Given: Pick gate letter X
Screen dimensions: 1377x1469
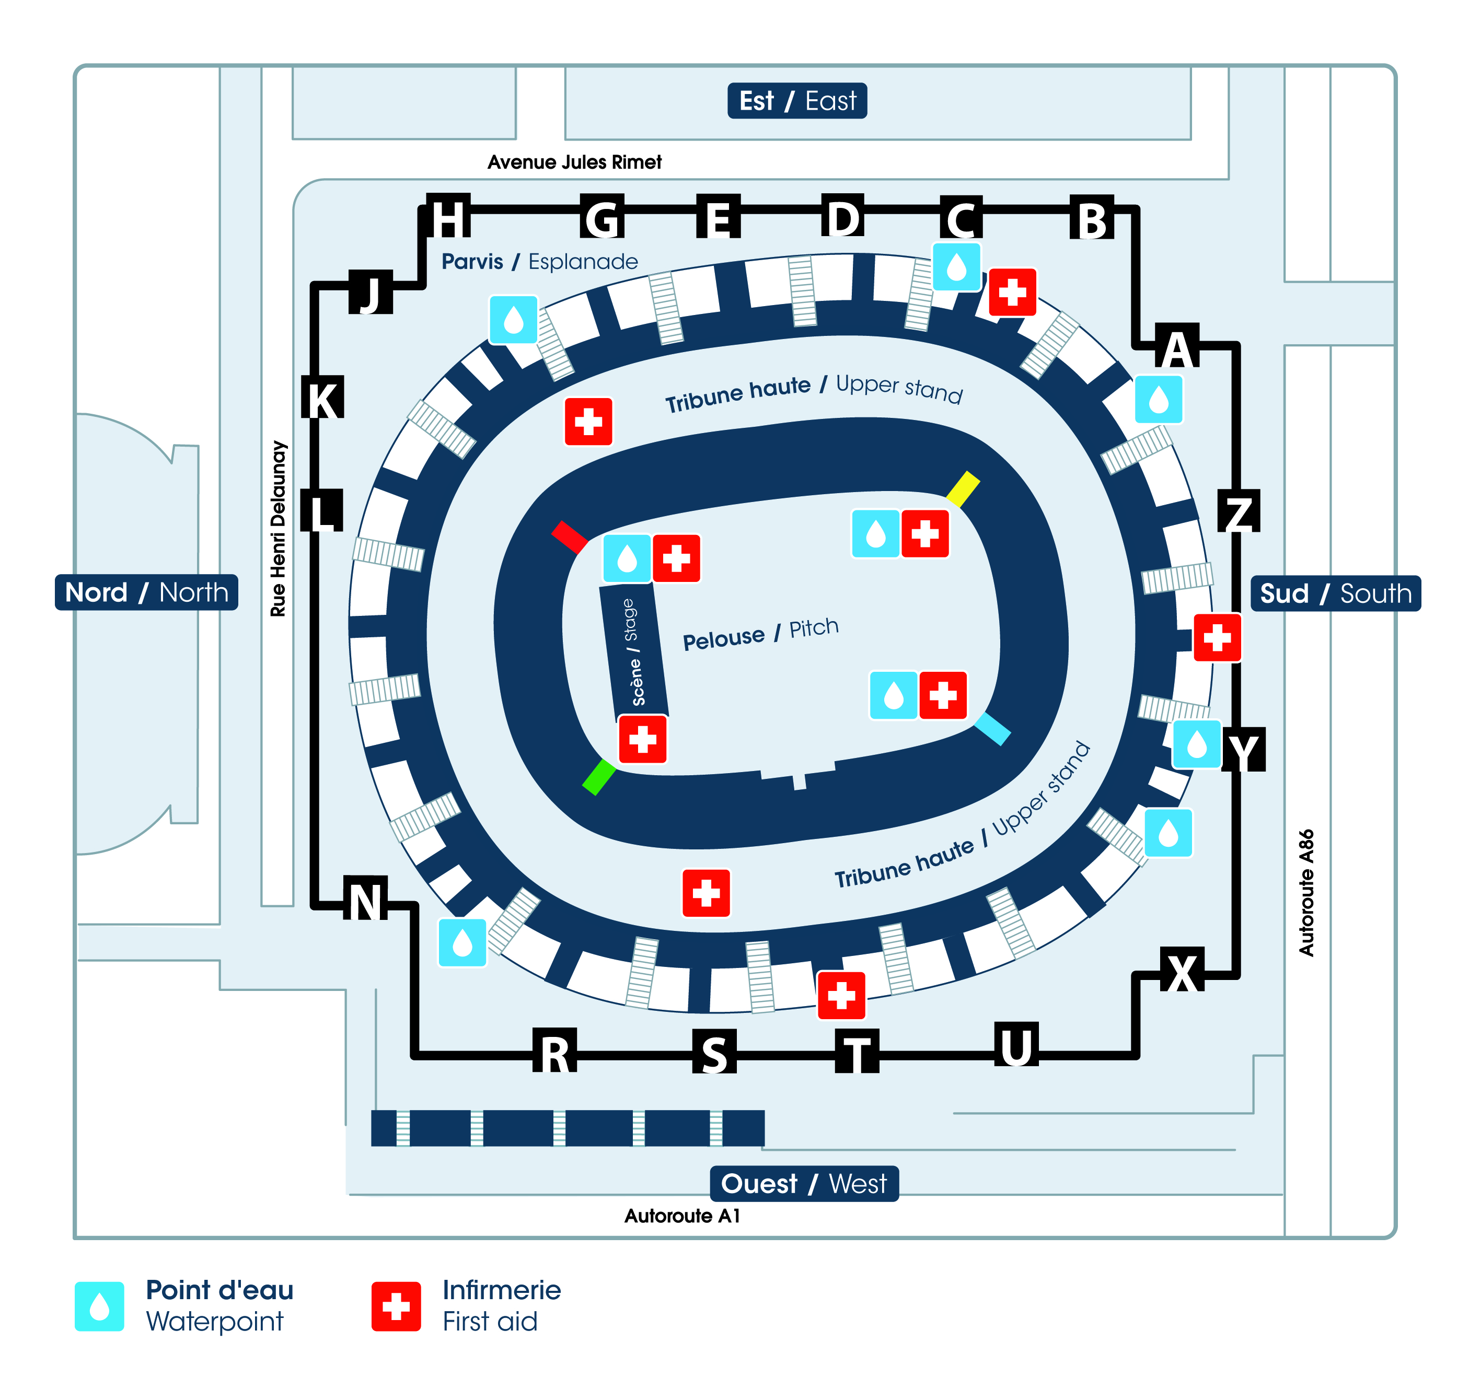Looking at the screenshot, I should [x=1182, y=971].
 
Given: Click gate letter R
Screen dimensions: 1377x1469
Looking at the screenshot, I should [x=554, y=1052].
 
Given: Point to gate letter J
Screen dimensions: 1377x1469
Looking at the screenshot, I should [x=370, y=293].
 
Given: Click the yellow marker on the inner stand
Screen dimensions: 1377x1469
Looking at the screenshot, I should [x=963, y=489].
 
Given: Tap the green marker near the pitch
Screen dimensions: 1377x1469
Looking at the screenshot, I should [x=598, y=777].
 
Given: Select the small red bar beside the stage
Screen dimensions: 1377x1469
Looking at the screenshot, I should [x=569, y=537].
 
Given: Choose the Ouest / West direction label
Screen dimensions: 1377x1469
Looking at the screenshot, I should [x=804, y=1183].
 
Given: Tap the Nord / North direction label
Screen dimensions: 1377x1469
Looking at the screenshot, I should [x=146, y=592].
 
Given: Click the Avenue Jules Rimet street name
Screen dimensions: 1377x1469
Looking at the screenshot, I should [x=574, y=162].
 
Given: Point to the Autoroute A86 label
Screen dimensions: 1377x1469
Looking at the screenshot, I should [x=1306, y=892].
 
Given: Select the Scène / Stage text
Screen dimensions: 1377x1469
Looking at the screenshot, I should [x=634, y=651].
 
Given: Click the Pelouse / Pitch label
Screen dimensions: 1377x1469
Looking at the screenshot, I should [x=760, y=634].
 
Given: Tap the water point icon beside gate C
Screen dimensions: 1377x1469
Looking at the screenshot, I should [x=956, y=267].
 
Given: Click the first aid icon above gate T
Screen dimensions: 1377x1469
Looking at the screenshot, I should [x=841, y=995].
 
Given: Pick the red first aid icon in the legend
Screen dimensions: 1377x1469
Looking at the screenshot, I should [x=396, y=1305].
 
